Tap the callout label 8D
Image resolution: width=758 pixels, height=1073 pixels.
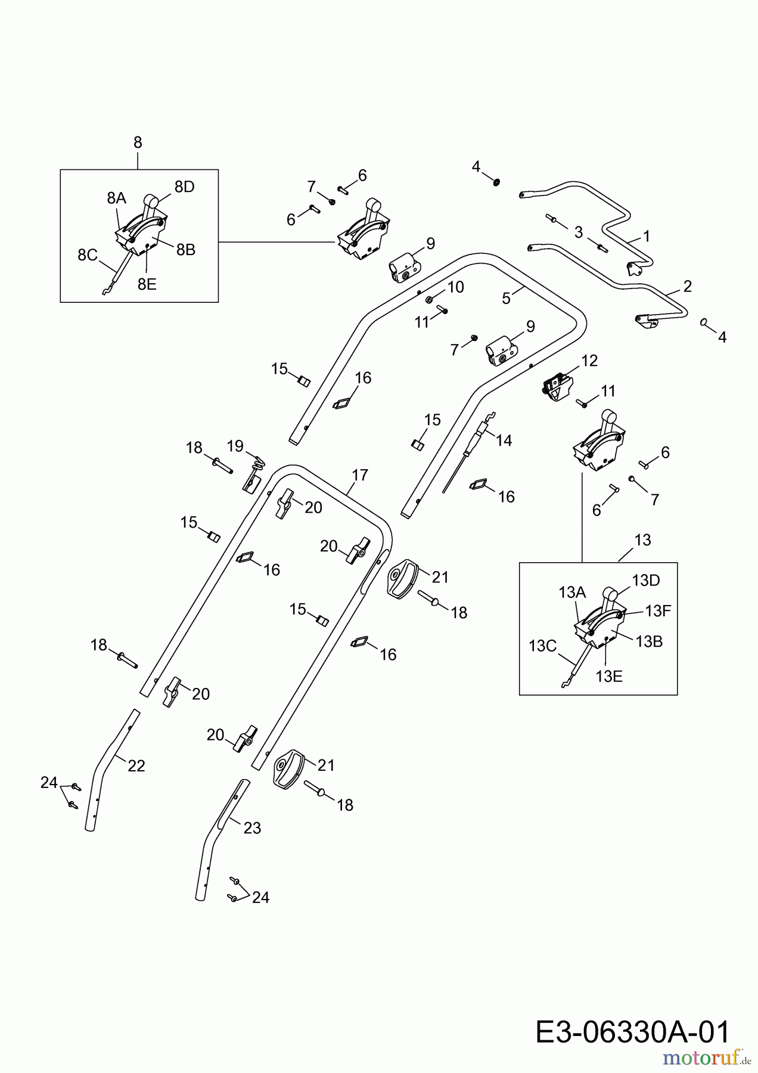185,187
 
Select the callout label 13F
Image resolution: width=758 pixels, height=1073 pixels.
658,610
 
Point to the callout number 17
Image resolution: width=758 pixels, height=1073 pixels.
360,475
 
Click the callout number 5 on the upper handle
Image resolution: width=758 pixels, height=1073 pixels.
506,298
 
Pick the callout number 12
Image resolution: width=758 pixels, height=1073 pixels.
589,360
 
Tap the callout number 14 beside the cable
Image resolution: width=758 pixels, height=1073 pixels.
504,441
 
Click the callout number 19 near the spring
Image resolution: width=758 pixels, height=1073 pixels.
235,445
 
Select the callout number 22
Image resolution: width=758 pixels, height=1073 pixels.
136,766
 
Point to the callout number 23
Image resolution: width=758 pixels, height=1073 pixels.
252,828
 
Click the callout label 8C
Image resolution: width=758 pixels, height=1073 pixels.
88,255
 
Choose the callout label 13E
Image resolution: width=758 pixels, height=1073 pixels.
609,676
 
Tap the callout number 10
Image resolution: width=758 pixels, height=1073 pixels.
455,287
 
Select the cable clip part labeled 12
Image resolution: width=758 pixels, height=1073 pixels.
556,387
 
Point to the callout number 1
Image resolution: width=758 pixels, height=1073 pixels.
646,236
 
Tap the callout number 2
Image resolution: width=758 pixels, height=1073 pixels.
688,287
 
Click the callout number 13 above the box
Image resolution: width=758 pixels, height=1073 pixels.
642,540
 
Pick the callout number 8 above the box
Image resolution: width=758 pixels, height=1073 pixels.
138,142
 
